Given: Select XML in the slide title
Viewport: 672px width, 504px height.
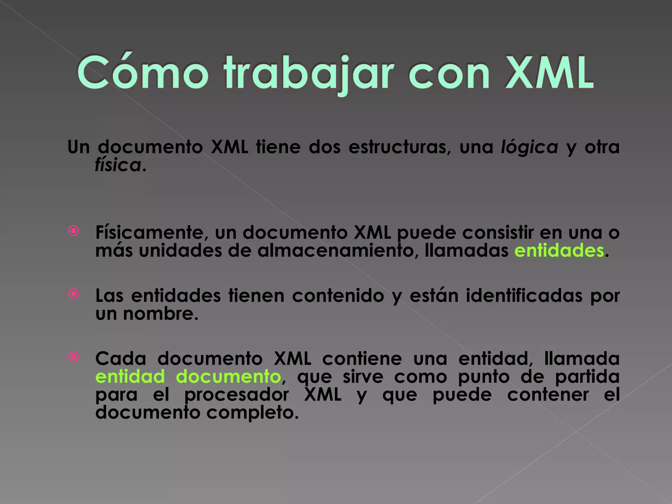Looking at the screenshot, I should coord(549,72).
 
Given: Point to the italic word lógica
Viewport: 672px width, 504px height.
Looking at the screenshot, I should coord(529,147).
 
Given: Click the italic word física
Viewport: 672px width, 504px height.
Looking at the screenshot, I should coord(118,165).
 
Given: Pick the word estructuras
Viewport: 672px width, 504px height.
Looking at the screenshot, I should coord(397,147).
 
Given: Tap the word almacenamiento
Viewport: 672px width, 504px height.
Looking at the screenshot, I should coord(337,251).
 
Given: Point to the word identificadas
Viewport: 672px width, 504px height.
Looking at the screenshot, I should coord(524,296).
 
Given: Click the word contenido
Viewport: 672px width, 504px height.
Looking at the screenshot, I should coord(338,296).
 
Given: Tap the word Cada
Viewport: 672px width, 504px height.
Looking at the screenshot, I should coord(121,359).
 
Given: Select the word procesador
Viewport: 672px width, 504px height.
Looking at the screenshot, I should coord(236,395).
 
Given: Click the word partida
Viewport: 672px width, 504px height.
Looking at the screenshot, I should coord(587,377).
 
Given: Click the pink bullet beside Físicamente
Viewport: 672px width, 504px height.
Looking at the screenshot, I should coord(74,231).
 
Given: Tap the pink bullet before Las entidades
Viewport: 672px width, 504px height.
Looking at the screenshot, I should coord(74,294).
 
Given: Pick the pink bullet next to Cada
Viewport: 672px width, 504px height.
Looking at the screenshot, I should coord(74,357).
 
